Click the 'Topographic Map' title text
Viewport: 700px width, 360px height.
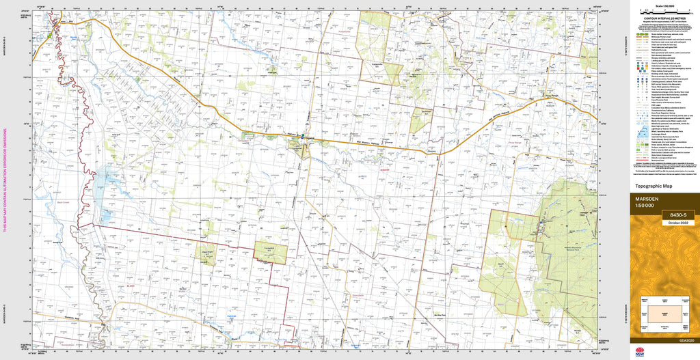click(x=654, y=186)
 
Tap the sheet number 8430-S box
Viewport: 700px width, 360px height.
click(x=678, y=215)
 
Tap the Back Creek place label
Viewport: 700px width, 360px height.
click(x=64, y=202)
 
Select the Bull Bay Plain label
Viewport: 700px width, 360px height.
click(x=444, y=314)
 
